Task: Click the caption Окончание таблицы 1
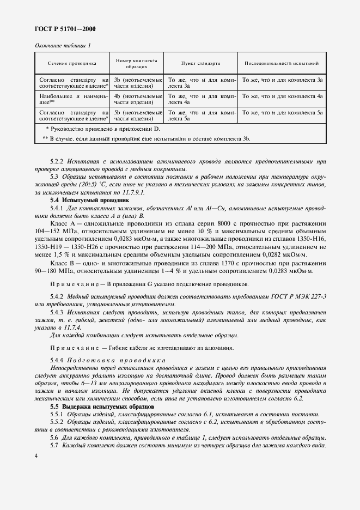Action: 63,46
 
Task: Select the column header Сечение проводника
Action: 71,63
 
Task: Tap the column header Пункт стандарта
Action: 201,63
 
